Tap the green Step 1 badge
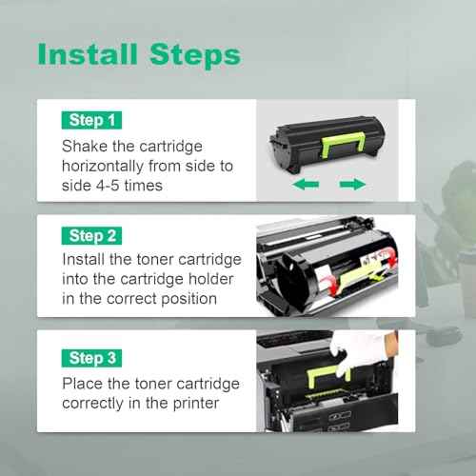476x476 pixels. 93,121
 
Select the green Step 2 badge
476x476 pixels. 93,234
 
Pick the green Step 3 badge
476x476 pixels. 93,358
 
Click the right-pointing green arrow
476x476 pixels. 352,185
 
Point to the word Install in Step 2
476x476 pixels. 84,259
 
